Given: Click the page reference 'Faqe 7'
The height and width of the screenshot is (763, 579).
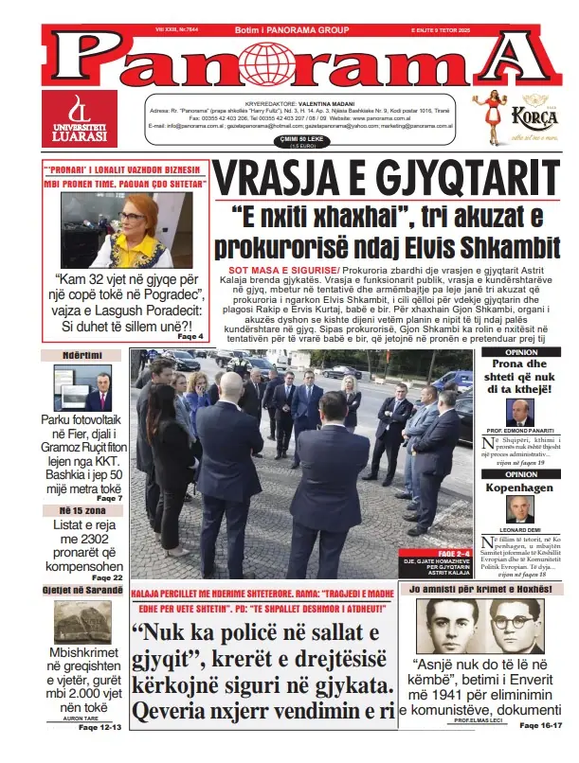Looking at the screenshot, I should (x=109, y=498).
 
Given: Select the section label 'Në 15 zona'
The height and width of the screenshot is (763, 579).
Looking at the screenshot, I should (x=71, y=510).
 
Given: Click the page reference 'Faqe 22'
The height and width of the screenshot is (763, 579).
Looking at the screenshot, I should (x=107, y=577).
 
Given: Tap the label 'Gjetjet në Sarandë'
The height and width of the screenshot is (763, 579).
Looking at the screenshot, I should (x=82, y=589).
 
